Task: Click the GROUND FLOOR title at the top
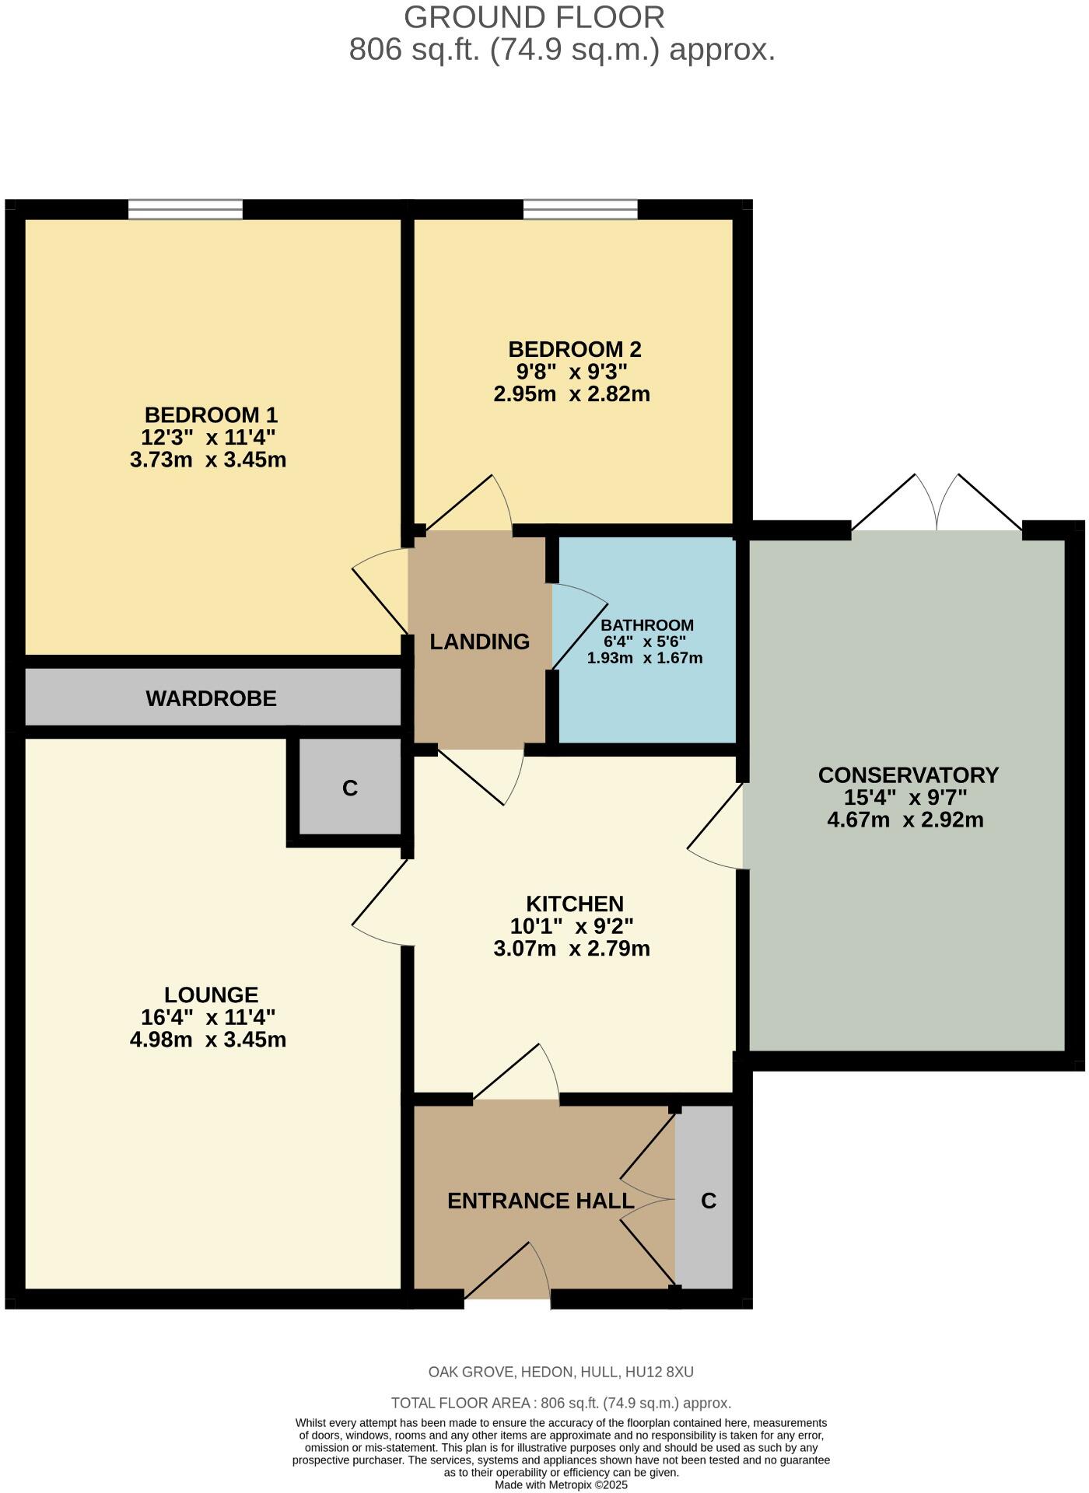(x=534, y=17)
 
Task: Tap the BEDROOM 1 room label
(x=211, y=414)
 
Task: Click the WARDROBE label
(x=211, y=698)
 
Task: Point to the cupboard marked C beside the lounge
(x=350, y=788)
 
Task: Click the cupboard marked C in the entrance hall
(x=708, y=1201)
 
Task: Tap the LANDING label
(x=479, y=642)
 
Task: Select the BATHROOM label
(x=647, y=625)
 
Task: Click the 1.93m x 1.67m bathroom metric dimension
(x=644, y=658)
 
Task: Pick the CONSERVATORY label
(x=908, y=775)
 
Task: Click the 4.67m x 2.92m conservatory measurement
(x=905, y=820)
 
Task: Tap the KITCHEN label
(x=575, y=904)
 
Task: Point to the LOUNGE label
(x=211, y=995)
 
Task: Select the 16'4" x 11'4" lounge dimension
(x=208, y=1017)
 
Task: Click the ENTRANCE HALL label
(x=541, y=1201)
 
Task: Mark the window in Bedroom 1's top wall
(x=185, y=208)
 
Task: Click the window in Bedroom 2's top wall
(x=580, y=208)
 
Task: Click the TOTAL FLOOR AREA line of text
(x=560, y=1404)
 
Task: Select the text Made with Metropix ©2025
(x=561, y=1484)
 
